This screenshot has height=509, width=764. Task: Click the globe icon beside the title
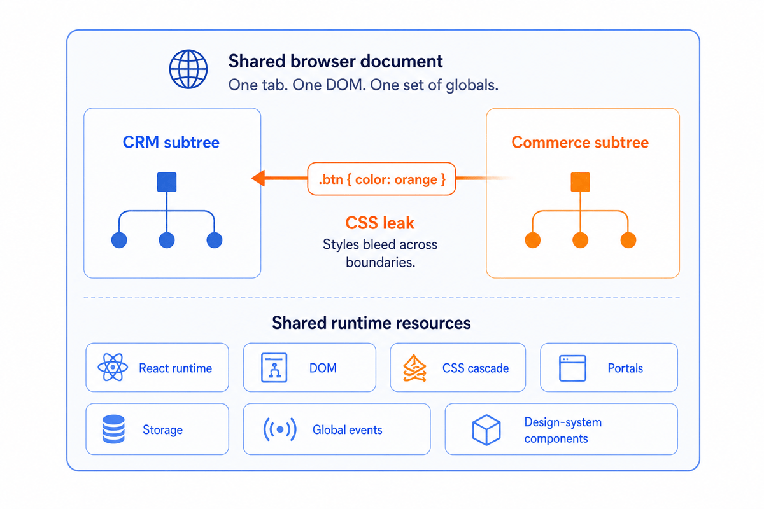point(188,69)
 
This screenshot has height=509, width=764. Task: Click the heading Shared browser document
point(336,61)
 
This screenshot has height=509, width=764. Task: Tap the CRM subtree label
point(171,142)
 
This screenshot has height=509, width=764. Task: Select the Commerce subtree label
point(580,142)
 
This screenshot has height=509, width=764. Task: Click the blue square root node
point(167,182)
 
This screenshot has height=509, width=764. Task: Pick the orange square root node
point(580,182)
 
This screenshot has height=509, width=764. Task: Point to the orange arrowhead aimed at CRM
point(258,178)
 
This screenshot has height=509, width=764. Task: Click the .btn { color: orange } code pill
point(381,179)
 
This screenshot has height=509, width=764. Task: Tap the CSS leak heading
point(379,223)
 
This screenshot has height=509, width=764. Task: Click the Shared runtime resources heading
point(371,323)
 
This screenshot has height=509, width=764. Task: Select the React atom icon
point(113,367)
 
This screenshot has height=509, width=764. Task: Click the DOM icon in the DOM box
point(274,368)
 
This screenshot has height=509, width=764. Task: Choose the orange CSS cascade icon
point(414,368)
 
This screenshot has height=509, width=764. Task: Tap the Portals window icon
point(572,368)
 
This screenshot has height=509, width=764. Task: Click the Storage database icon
point(113,429)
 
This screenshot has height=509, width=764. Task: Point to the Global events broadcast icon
point(279,429)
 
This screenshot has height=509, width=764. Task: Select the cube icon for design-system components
point(486,430)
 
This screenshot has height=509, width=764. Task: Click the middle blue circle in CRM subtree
point(167,240)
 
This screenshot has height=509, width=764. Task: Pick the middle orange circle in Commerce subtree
point(580,240)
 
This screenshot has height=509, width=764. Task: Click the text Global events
point(347,430)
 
